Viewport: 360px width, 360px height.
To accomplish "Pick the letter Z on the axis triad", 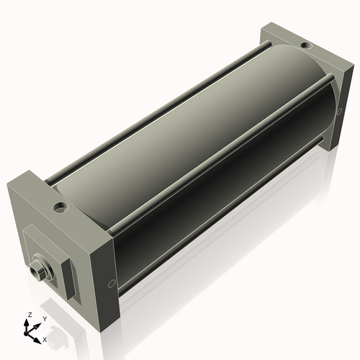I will pos(28,315).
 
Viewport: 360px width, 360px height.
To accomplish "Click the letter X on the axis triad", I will pos(45,338).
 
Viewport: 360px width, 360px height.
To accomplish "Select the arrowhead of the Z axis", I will pos(29,323).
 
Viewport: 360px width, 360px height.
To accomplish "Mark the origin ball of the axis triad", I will pos(30,332).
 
